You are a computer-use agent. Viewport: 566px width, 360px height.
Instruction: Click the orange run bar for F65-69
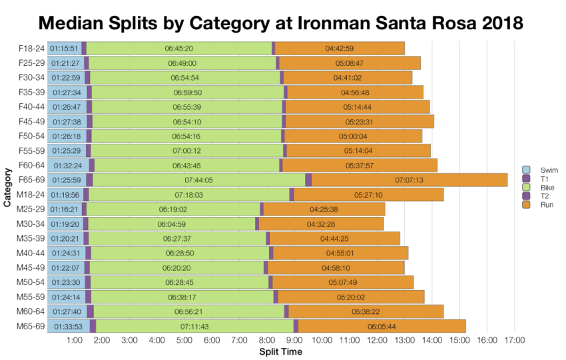click(410, 180)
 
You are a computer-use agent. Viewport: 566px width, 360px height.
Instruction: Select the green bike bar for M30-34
click(170, 224)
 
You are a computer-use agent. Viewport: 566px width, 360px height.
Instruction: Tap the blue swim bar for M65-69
click(68, 326)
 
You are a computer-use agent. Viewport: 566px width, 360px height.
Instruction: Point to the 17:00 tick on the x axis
click(514, 341)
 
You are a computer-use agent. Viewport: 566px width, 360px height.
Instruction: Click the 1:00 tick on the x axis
click(75, 341)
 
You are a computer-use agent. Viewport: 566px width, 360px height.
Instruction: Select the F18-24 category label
click(31, 48)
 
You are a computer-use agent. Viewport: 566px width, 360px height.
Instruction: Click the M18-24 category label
click(31, 194)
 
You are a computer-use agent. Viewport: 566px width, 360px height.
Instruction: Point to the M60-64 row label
click(31, 311)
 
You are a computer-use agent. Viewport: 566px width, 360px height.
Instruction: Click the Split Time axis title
click(280, 351)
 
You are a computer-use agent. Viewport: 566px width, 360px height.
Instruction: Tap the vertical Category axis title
click(7, 187)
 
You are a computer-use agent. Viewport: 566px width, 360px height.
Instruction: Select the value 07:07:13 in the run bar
click(410, 180)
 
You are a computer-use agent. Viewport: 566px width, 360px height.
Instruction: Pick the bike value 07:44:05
click(198, 180)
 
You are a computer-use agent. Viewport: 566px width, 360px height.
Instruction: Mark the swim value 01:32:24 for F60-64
click(67, 165)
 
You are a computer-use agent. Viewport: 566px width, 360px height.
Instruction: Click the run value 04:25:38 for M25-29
click(324, 209)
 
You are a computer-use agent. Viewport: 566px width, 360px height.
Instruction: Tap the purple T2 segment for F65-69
click(308, 180)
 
